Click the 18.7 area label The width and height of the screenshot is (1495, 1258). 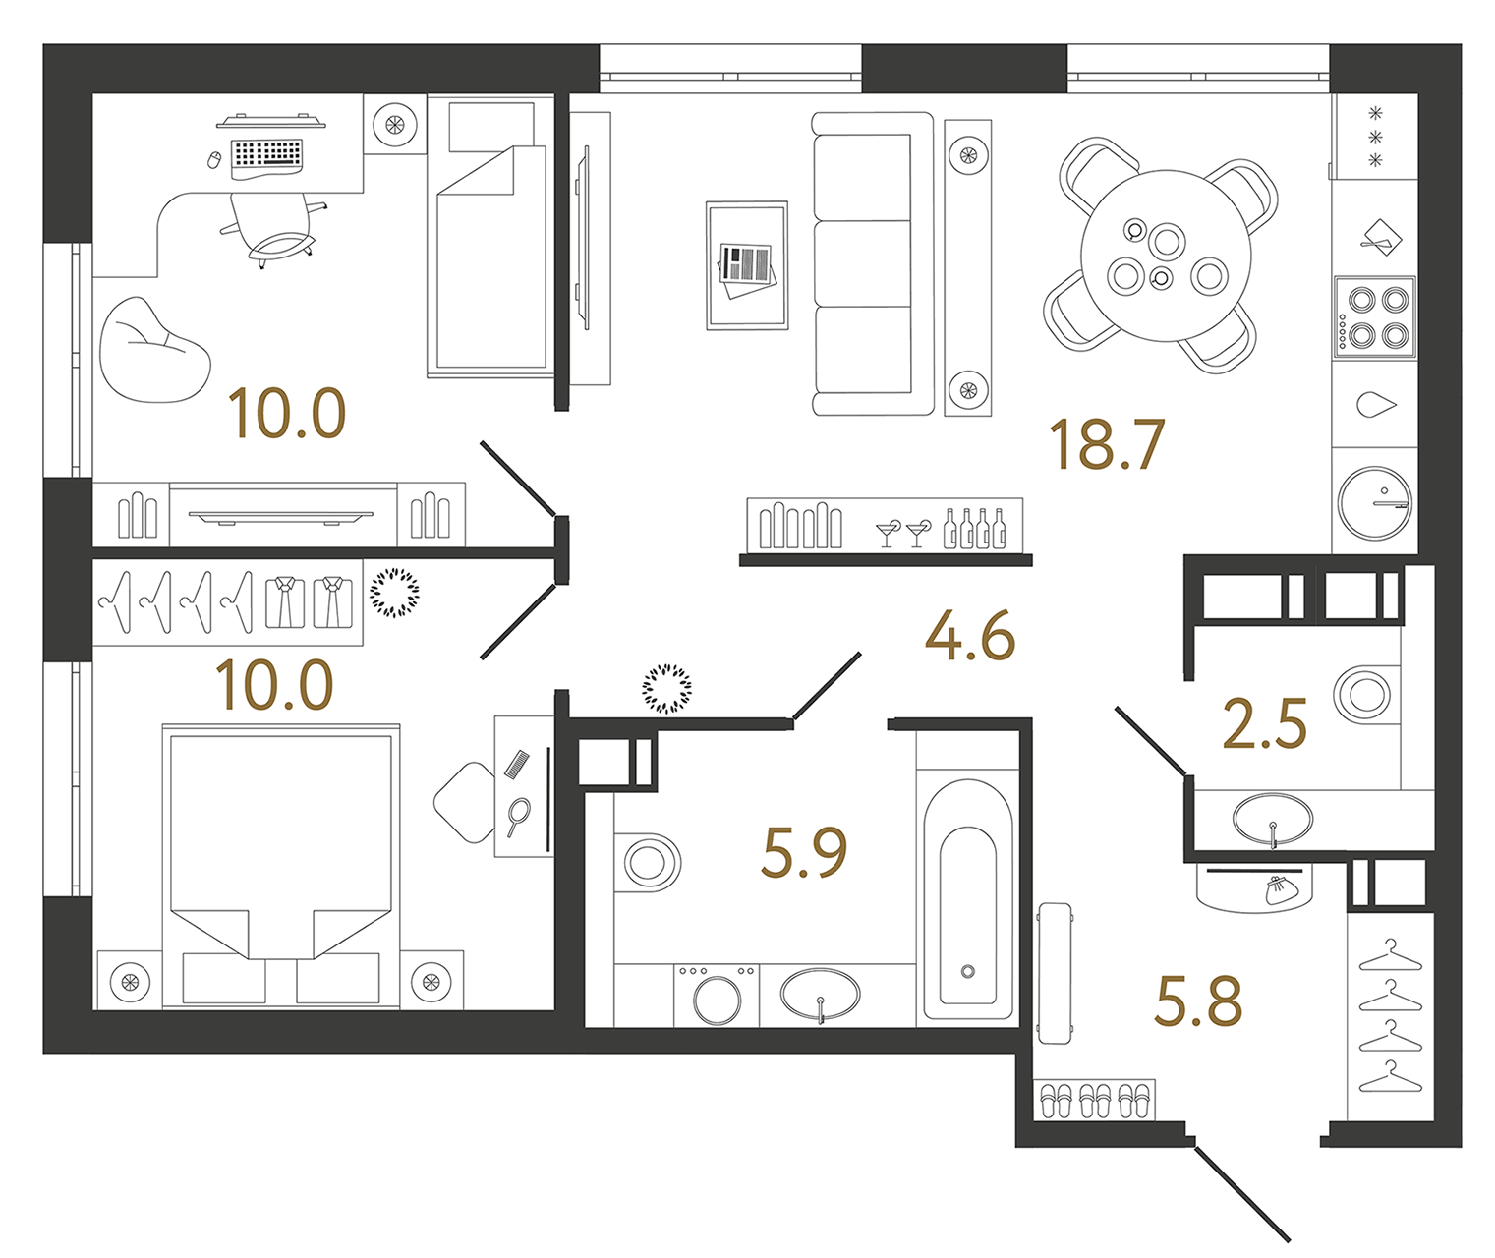coord(1107,444)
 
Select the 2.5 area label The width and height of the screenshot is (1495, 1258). coord(1264,724)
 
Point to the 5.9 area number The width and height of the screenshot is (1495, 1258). coord(804,852)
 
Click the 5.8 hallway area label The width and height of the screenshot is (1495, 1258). coord(1198,1002)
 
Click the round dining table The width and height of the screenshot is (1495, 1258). coord(1166,256)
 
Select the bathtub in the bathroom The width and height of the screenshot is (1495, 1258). coord(968,914)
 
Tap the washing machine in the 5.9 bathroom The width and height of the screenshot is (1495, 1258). coord(717,995)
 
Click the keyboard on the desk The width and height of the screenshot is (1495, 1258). coord(266,154)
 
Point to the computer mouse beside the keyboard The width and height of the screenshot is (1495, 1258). coord(214,159)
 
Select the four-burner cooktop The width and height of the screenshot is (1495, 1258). coord(1374,316)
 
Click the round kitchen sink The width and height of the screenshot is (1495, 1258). coord(1374,501)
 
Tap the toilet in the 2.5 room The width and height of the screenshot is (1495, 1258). coord(1364,694)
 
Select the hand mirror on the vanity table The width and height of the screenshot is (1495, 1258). coord(517,816)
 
